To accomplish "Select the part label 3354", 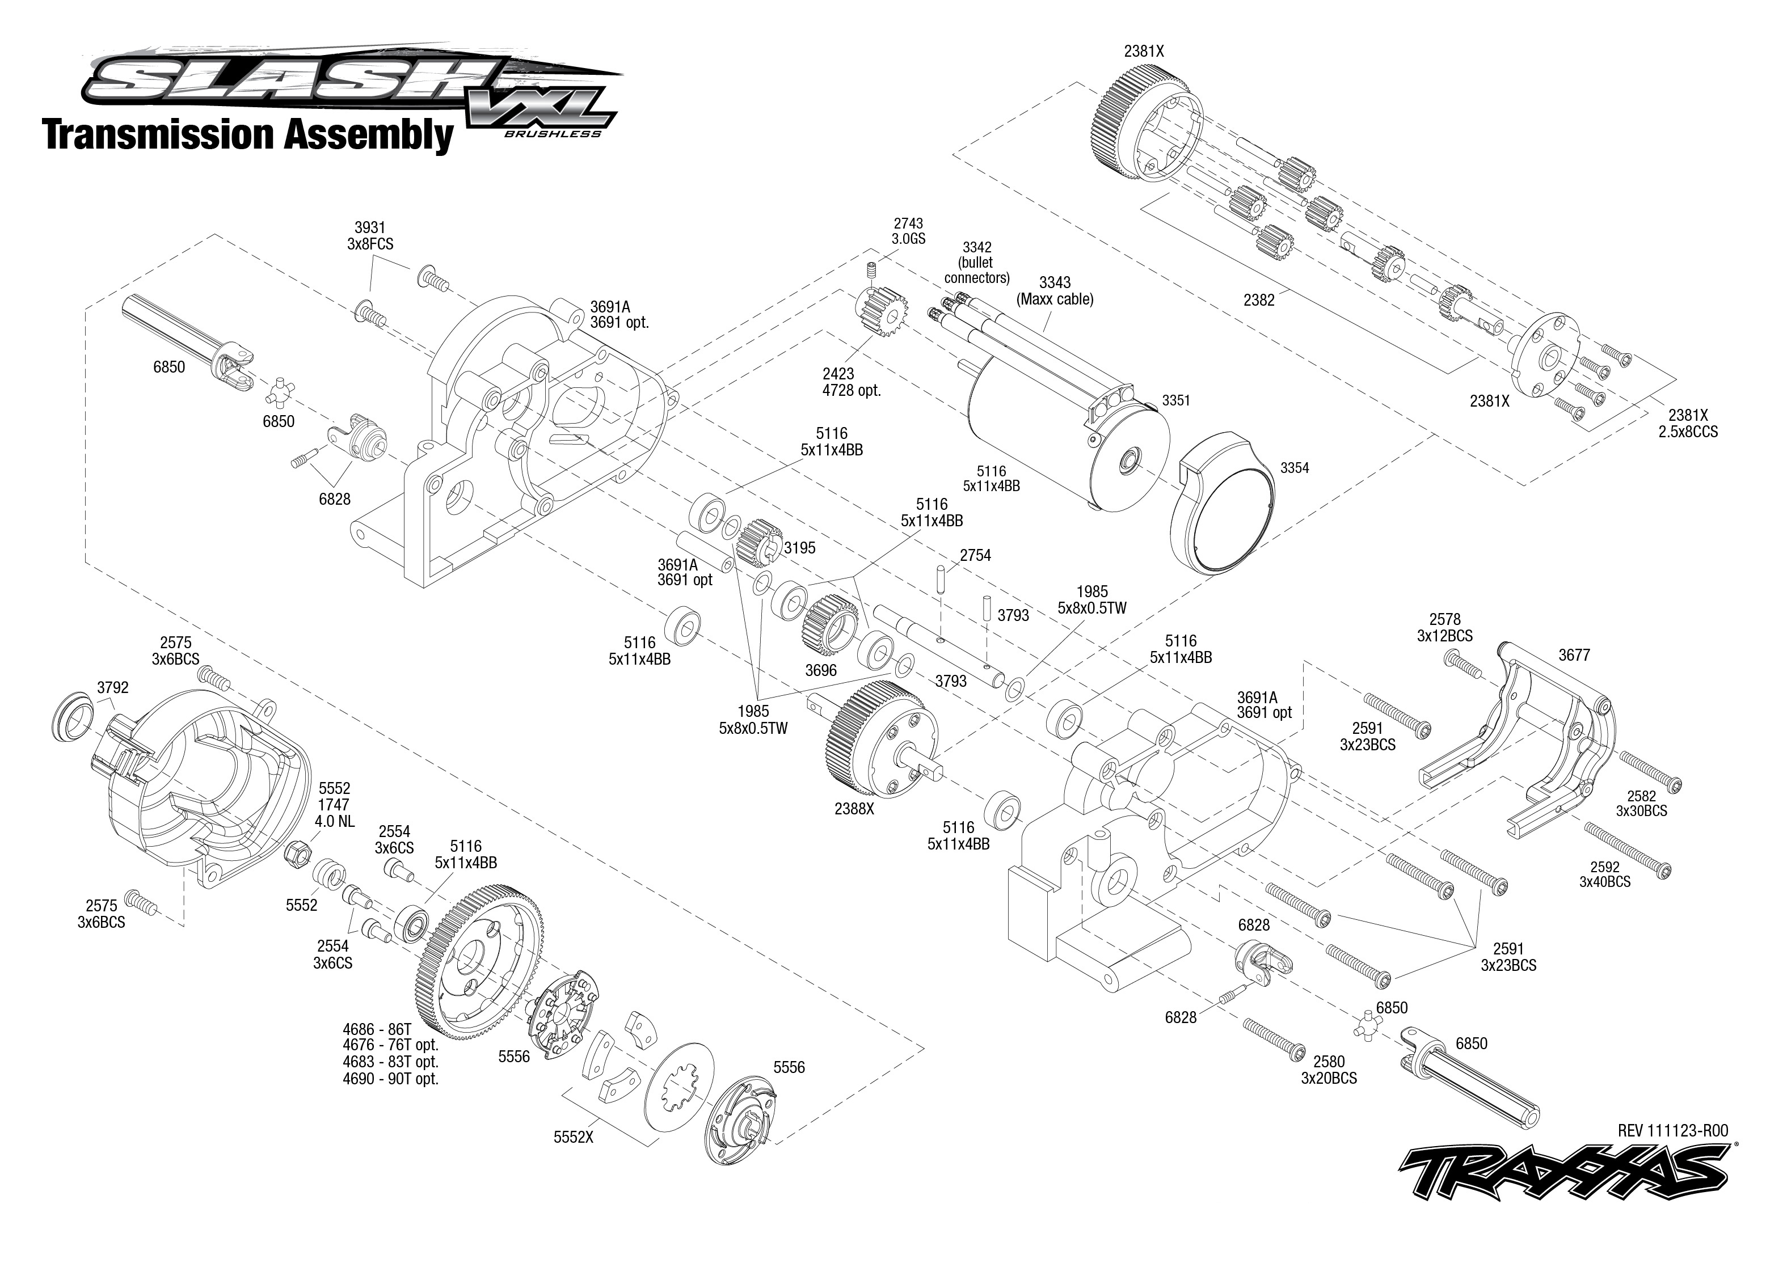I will point(1294,468).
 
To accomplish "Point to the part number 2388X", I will point(854,808).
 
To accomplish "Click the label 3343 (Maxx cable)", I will point(1055,291).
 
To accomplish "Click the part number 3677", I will point(1574,655).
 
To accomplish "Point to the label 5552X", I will point(573,1137).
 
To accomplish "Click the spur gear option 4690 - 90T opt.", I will point(390,1079).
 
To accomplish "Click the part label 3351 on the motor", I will point(1177,401).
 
